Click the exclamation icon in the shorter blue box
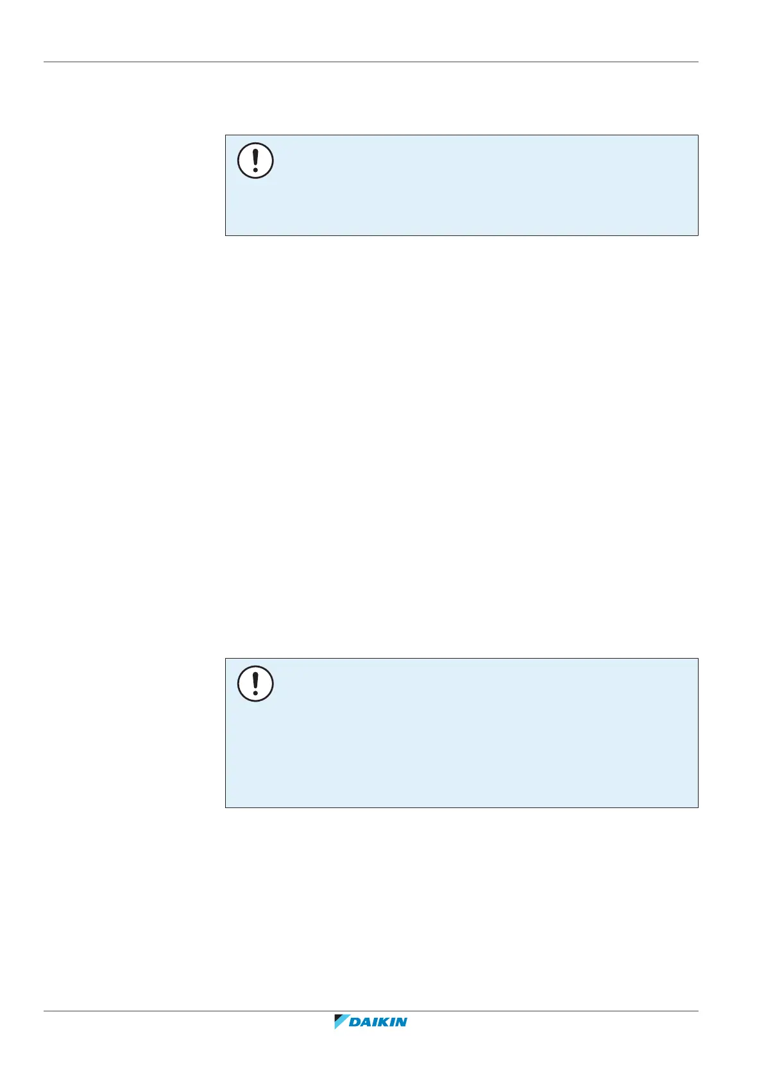tap(255, 160)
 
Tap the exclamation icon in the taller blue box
tap(255, 684)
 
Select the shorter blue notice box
tap(461, 185)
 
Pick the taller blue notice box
tap(461, 732)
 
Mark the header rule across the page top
tap(371, 62)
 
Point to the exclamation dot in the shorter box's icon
tap(255, 171)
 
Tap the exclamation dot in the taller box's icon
tap(255, 694)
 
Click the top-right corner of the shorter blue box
tap(697, 135)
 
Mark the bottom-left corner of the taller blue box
tap(226, 807)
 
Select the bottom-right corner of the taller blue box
tap(697, 807)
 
